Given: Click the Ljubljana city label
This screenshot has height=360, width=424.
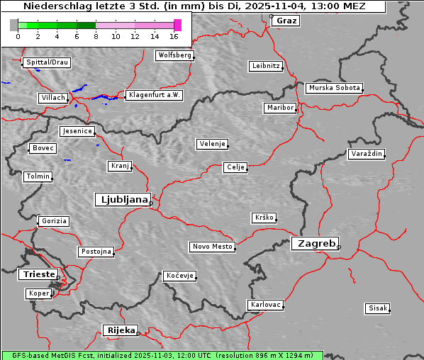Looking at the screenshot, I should point(122,199).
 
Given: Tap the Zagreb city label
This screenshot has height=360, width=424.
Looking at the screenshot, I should point(314,243).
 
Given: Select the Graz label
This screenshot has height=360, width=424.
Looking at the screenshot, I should point(286,21).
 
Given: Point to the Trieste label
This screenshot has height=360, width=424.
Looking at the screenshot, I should point(36,274).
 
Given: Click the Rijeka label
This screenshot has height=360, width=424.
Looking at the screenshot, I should point(120,330).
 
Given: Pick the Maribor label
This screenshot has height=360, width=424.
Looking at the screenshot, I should point(279,108).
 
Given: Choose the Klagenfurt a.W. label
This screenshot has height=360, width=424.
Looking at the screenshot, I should point(154,95).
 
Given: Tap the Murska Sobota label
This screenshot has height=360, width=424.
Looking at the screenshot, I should point(334,89).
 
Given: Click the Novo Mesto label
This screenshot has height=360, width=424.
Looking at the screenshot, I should point(211,247).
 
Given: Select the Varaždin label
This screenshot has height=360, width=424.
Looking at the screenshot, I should point(367,154).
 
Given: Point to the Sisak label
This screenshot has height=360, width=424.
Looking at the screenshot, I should point(377,308).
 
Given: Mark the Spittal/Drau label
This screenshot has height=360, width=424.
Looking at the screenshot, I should point(47,62).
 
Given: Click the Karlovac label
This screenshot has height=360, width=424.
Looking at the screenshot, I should point(266,305).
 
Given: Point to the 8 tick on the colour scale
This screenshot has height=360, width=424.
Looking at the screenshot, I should point(96,35).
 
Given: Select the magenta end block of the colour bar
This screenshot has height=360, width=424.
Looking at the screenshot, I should point(177,25).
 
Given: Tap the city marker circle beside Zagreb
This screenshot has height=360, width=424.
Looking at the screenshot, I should point(339,247).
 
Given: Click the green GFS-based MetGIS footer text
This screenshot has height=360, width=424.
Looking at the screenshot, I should point(162,355).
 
